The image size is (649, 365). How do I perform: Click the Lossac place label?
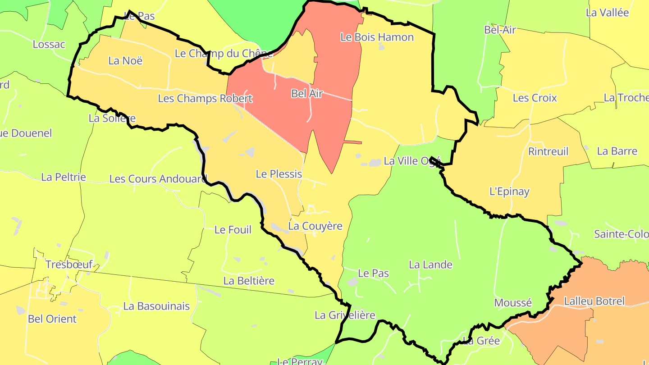point(49,45)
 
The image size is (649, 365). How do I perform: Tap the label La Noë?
point(125,60)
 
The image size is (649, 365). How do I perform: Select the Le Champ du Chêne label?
point(224,54)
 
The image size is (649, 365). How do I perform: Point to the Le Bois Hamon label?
point(377,37)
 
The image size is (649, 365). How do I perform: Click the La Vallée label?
point(607,13)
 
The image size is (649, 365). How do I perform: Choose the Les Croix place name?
point(535,98)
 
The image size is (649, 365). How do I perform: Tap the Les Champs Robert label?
point(205,98)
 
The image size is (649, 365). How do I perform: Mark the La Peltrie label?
point(64,177)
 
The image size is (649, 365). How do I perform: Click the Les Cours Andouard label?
point(158,179)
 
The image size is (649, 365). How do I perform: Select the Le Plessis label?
point(279,174)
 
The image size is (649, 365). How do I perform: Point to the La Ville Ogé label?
point(412,161)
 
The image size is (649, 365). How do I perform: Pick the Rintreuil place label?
point(548,151)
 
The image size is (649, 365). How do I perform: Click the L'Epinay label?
point(509,192)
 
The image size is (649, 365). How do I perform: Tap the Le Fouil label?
point(233,230)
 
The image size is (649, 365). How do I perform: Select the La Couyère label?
point(315,226)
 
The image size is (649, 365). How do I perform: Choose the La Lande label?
point(430,265)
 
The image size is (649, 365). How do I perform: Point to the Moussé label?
point(513,303)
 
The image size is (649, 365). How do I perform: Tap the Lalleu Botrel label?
point(594,301)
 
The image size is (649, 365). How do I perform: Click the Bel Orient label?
point(52,319)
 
